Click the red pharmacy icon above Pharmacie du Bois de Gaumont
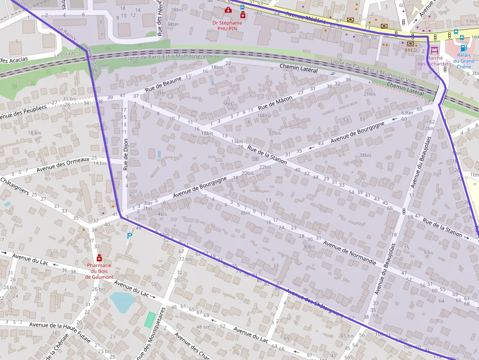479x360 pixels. [99, 258]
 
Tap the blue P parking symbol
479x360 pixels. [130, 236]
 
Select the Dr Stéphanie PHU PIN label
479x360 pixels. [227, 25]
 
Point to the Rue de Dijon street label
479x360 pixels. [126, 155]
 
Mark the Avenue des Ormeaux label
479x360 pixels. [63, 164]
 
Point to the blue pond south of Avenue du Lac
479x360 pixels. [121, 301]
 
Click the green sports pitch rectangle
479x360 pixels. [150, 320]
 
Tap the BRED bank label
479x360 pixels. [410, 50]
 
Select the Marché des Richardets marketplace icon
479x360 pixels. [434, 50]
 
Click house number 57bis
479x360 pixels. [275, 133]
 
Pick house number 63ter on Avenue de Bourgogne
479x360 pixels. [407, 113]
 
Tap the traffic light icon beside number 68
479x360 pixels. [404, 211]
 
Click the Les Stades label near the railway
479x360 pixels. [66, 54]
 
